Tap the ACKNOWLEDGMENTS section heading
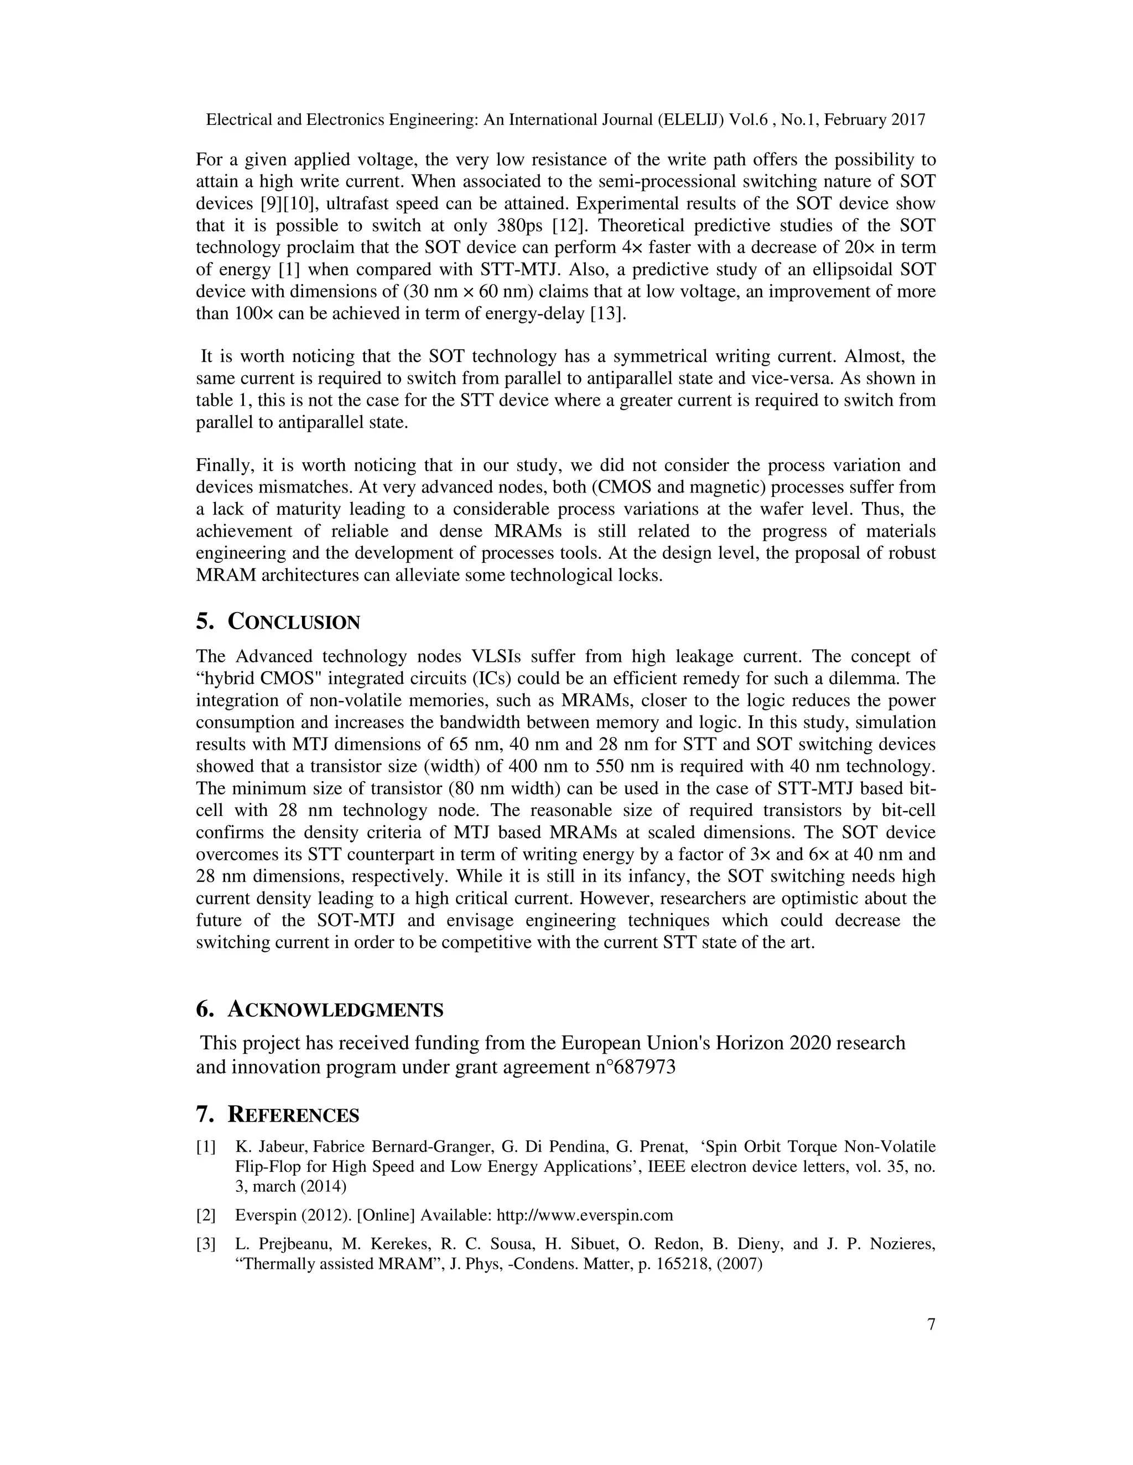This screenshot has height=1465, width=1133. click(336, 1009)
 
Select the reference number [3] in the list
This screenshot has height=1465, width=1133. click(206, 1244)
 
